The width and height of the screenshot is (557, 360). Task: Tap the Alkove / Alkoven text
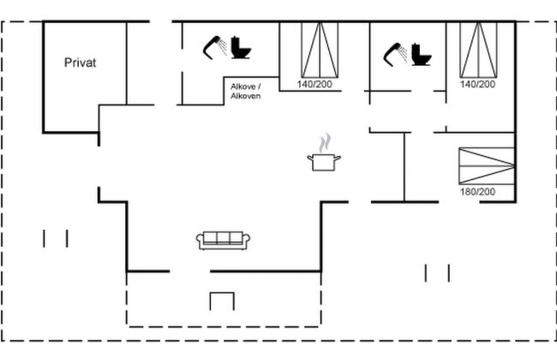[245, 92]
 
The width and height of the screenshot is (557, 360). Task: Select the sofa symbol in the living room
[224, 241]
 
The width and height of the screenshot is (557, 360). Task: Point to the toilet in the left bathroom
[242, 49]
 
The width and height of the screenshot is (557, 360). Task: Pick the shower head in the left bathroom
[214, 47]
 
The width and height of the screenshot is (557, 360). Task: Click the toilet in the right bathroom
[421, 53]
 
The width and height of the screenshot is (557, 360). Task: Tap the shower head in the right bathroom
[394, 52]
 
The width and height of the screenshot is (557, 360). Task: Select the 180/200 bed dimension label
[478, 192]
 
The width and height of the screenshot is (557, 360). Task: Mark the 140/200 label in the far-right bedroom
[478, 85]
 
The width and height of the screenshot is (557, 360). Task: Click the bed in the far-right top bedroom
[479, 48]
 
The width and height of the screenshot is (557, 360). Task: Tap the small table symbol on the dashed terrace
[222, 300]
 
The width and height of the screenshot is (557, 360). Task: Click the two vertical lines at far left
[55, 237]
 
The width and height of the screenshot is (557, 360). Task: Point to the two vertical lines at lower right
[437, 273]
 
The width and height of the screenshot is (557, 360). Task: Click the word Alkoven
[245, 96]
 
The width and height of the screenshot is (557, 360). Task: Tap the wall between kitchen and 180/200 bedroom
[404, 167]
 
